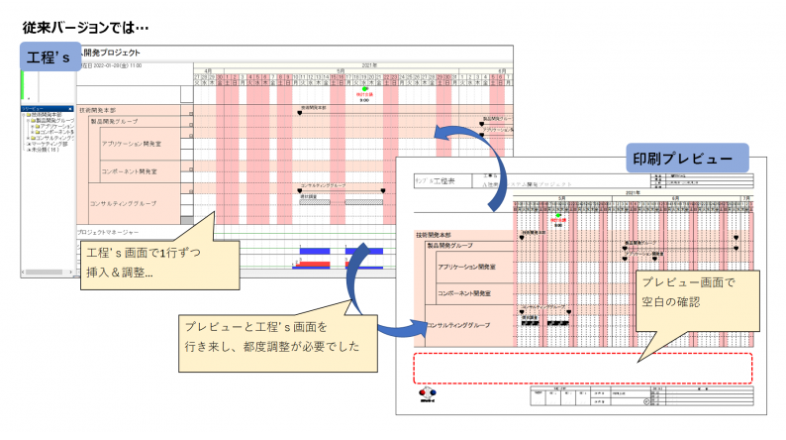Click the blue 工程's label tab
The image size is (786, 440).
point(50,56)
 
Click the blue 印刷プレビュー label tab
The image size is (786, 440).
point(684,158)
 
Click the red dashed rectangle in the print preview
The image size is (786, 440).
point(583,367)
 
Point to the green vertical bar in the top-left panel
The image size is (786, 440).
point(22,84)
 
